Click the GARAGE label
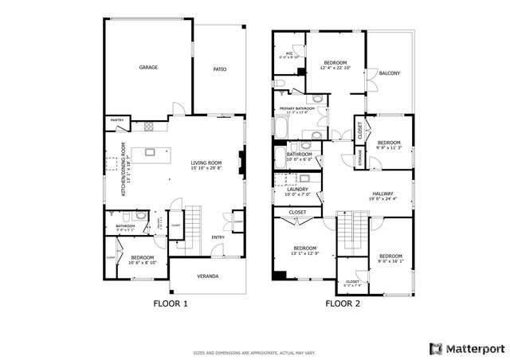click(x=148, y=68)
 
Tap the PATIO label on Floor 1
click(x=219, y=69)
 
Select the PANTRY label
click(x=116, y=120)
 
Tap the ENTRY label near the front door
click(x=218, y=237)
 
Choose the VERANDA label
click(x=209, y=276)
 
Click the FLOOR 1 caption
click(x=170, y=303)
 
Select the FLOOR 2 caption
click(x=343, y=303)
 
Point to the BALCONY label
click(x=390, y=73)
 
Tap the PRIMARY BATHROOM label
click(x=296, y=108)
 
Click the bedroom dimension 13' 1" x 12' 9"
click(x=304, y=253)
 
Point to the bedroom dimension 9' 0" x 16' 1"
click(x=391, y=260)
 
